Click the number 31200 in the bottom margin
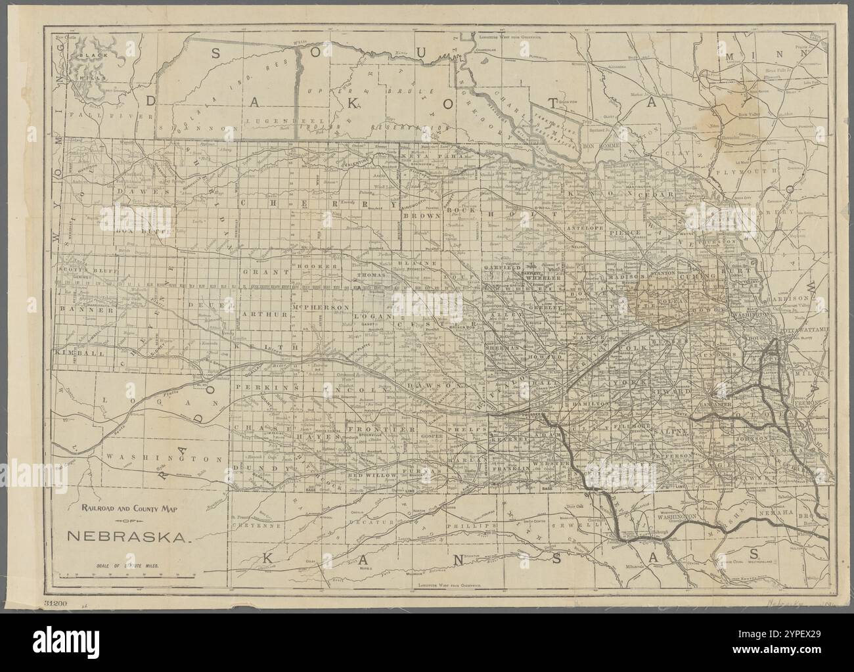coord(56,602)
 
